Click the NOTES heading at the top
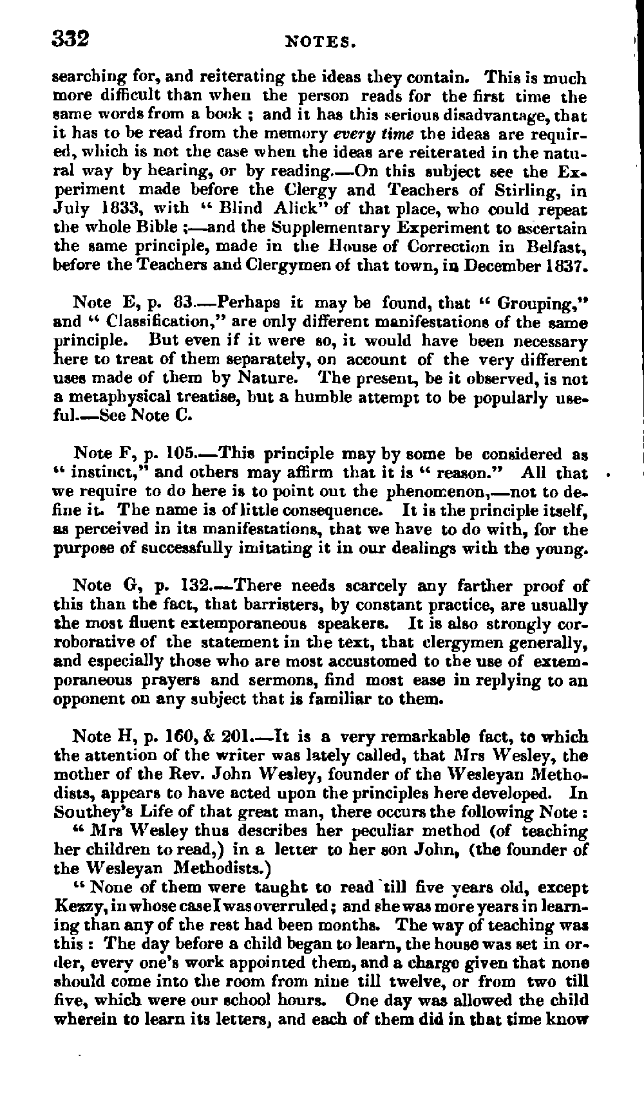pos(320,43)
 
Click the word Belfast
pos(555,246)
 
